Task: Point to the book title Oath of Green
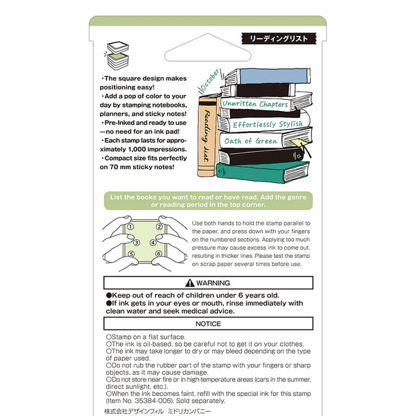tap(250, 141)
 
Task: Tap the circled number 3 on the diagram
tap(136, 243)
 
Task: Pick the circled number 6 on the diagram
tap(159, 254)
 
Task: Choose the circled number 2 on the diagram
tap(159, 227)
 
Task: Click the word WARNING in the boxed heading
tap(212, 283)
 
